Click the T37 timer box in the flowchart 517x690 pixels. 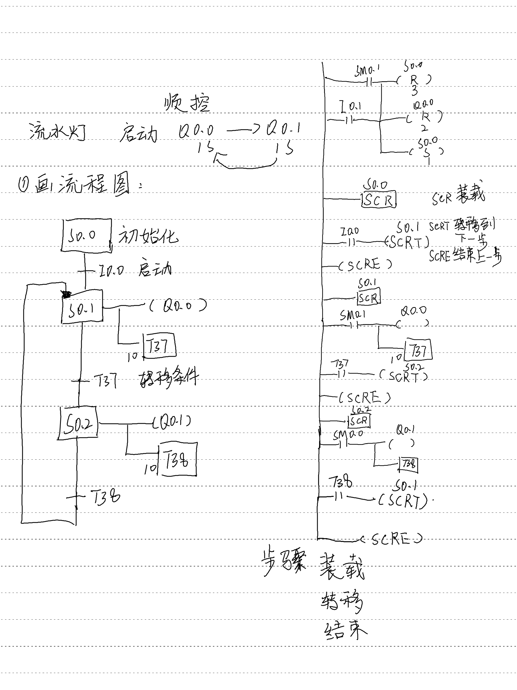pyautogui.click(x=159, y=346)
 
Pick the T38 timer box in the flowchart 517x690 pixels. pyautogui.click(x=177, y=459)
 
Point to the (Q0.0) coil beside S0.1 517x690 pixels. pyautogui.click(x=178, y=306)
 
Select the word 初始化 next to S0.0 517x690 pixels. pyautogui.click(x=148, y=236)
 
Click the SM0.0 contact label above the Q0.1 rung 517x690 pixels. pyautogui.click(x=348, y=434)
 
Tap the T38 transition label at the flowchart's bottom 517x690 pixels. pyautogui.click(x=105, y=497)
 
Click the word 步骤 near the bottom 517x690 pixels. pyautogui.click(x=284, y=563)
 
